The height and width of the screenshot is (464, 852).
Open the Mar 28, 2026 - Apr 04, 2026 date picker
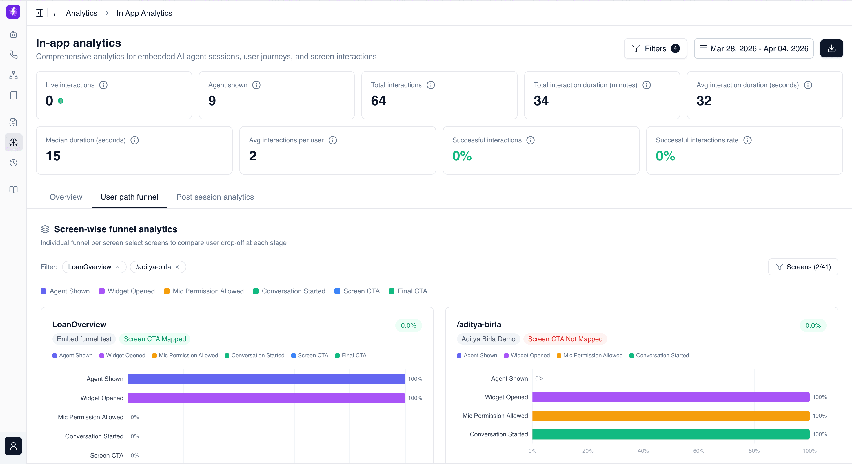753,49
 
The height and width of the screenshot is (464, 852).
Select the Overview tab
66,197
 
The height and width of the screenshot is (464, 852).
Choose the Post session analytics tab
215,197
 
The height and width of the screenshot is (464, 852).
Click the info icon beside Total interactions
431,85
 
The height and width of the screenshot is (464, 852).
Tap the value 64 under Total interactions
378,101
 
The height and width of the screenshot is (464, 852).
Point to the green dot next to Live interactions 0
61,101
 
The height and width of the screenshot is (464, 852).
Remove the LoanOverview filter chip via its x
117,267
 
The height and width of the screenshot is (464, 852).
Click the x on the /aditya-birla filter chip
177,267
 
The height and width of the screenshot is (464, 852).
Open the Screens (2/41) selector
803,267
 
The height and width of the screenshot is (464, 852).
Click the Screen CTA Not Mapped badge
565,339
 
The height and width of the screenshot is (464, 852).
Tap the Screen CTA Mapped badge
155,339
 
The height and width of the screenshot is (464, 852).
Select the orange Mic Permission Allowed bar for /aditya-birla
671,416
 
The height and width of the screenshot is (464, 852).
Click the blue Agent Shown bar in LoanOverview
266,379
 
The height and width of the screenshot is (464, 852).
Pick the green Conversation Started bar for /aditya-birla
671,434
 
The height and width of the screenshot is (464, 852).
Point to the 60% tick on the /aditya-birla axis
698,451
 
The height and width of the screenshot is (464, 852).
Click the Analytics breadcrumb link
81,13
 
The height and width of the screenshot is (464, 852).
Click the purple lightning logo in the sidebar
13,12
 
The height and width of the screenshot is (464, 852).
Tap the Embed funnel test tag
84,339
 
